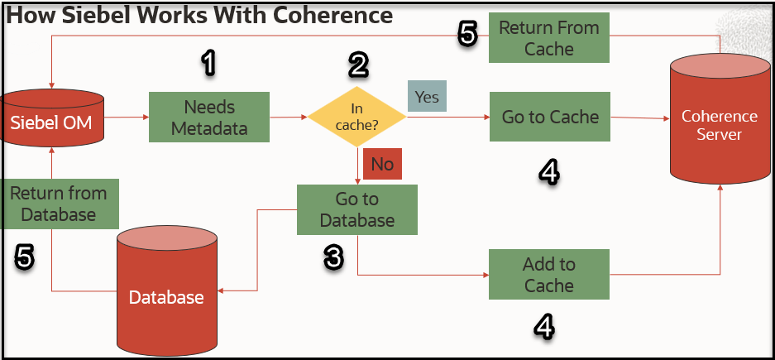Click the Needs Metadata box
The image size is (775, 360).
[209, 118]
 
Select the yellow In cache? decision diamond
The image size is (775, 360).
[357, 118]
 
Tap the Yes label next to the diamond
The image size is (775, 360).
[427, 97]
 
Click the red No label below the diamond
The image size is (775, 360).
[382, 164]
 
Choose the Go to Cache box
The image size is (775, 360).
[549, 117]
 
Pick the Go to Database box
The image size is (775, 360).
[357, 209]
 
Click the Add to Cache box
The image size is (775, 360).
[549, 275]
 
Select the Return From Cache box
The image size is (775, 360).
[549, 38]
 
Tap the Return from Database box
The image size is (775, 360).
[59, 204]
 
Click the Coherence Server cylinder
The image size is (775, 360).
[719, 124]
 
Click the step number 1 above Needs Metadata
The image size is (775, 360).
[209, 63]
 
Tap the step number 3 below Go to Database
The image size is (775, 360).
[332, 257]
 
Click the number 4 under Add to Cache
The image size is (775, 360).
[543, 327]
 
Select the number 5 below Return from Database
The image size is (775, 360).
[25, 257]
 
